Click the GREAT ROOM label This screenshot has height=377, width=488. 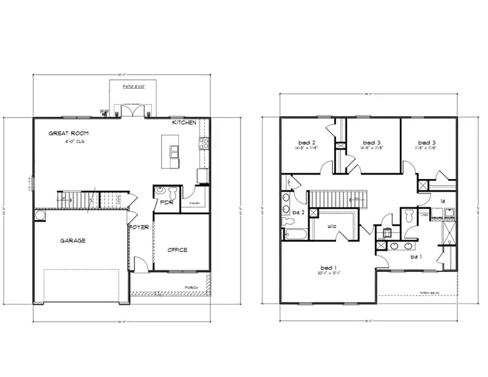69,133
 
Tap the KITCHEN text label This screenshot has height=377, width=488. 185,123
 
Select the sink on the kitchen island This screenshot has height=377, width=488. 173,151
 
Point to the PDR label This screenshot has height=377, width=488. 166,203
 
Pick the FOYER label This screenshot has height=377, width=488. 139,227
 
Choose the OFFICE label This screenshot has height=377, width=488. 178,249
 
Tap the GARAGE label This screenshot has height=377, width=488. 73,240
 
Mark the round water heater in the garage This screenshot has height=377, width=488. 40,215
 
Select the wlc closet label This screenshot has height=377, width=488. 333,227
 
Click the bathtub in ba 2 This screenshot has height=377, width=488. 295,236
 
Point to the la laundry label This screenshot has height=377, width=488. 442,201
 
